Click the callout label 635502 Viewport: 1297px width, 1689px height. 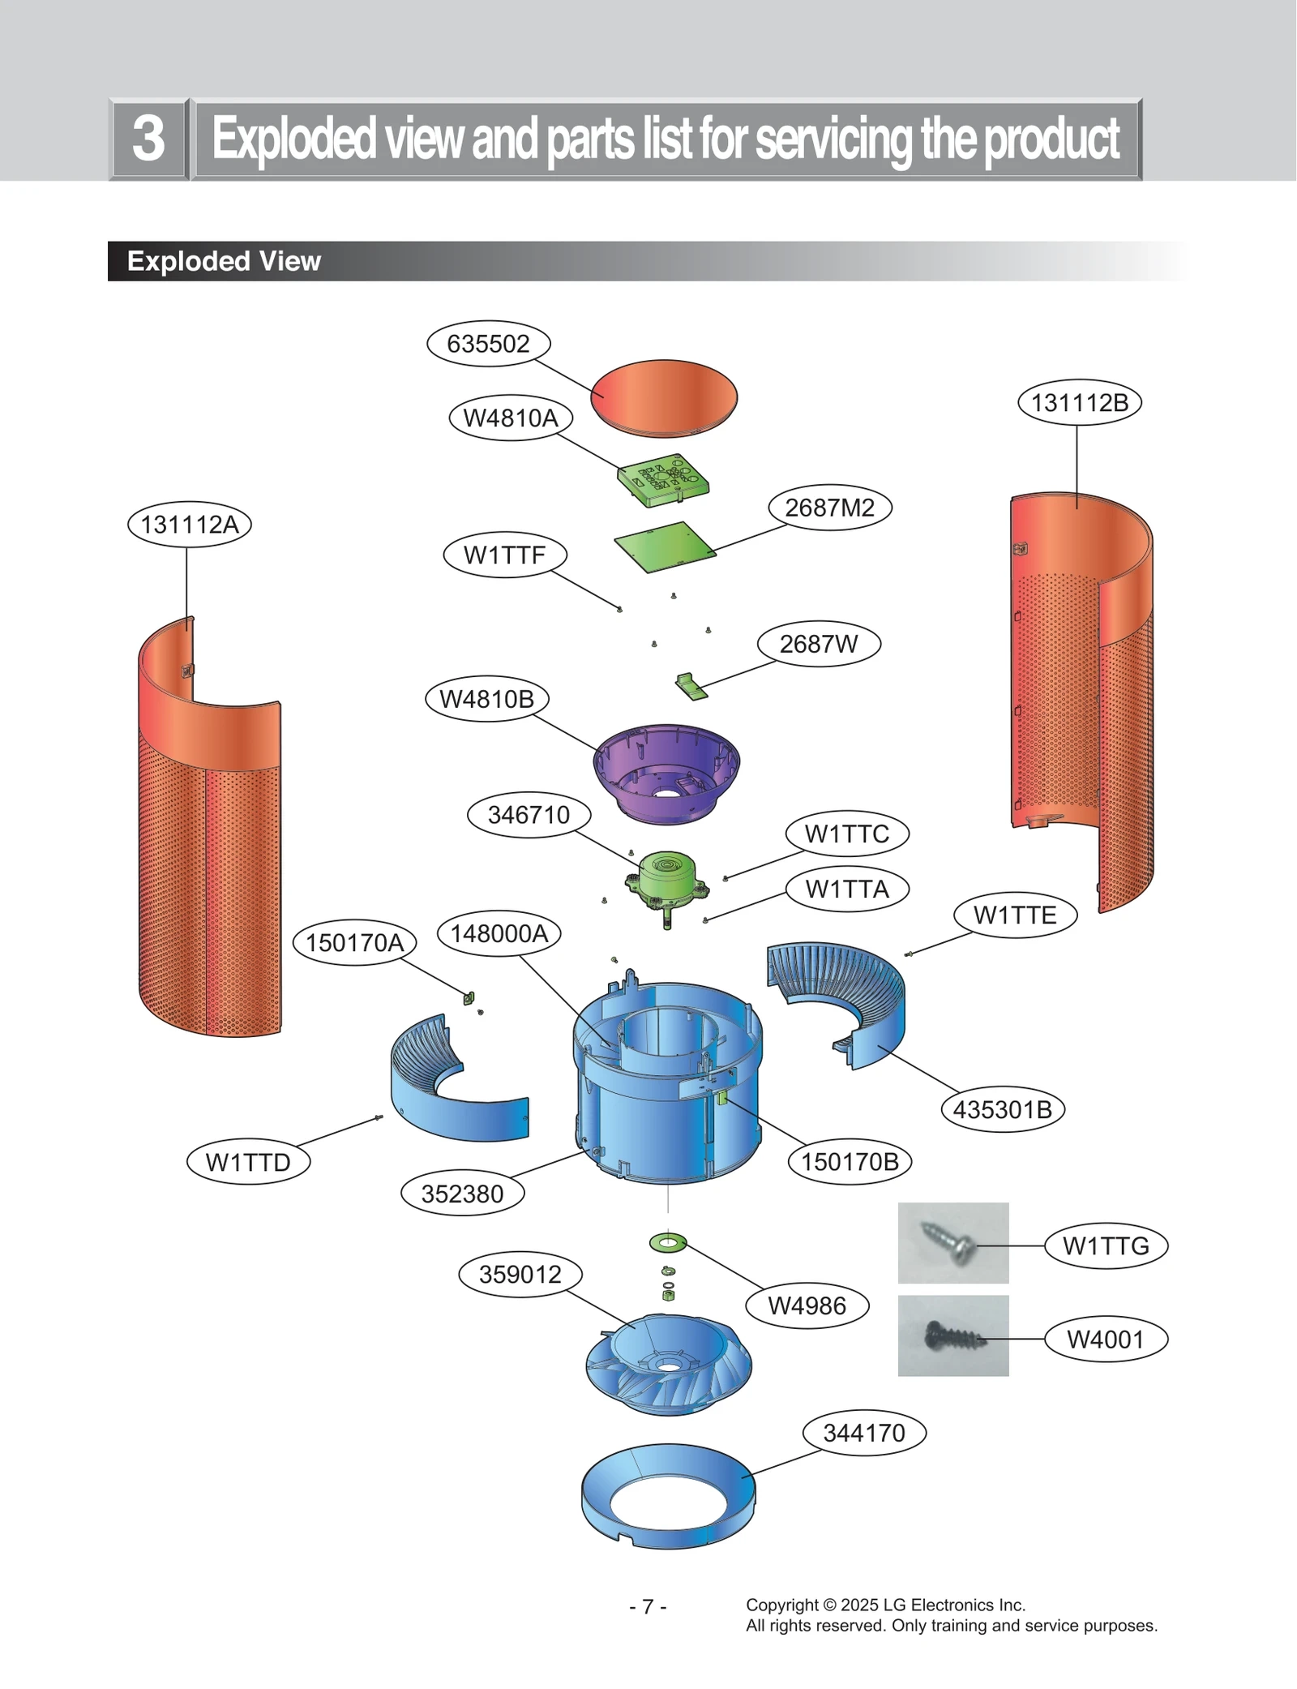(488, 344)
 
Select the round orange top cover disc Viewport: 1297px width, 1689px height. (664, 397)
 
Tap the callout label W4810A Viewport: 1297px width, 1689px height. (511, 418)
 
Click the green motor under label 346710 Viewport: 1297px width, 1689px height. (667, 880)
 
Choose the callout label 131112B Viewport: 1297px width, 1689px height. (1079, 403)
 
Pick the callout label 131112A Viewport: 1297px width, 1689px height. (190, 525)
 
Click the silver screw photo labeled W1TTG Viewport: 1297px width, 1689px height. (952, 1243)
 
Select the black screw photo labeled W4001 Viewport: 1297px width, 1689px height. (952, 1335)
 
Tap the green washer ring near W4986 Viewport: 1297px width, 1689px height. (668, 1242)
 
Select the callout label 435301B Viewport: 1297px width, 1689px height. (1002, 1109)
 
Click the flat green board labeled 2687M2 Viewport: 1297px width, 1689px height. (665, 547)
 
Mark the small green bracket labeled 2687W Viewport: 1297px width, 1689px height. (691, 686)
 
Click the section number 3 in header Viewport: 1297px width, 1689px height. (148, 139)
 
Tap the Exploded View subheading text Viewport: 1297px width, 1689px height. (224, 261)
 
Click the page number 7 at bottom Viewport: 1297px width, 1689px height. (648, 1606)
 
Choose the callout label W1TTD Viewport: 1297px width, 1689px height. (248, 1162)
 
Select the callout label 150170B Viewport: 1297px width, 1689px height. (850, 1162)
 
